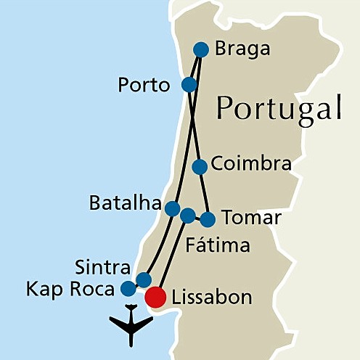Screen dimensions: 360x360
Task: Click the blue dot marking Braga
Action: tap(201, 49)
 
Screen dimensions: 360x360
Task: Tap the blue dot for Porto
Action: tap(189, 85)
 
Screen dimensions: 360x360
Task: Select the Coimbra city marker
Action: tap(200, 167)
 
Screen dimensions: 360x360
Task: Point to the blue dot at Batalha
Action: tap(172, 209)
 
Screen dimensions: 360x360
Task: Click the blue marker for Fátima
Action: tap(187, 216)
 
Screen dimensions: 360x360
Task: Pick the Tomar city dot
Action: tap(208, 219)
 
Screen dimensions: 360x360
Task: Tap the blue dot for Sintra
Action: tap(144, 279)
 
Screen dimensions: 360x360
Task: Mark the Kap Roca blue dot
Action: tap(128, 289)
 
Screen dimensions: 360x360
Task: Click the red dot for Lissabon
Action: tap(155, 297)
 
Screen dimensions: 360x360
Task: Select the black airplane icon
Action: tap(131, 326)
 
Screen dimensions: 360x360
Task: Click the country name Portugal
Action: tap(279, 109)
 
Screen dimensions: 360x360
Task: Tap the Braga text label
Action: tap(243, 49)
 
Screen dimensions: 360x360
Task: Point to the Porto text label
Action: tap(144, 86)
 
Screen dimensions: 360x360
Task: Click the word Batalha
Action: tap(124, 204)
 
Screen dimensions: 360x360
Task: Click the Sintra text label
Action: tap(102, 266)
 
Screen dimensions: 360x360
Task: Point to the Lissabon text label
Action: tap(212, 298)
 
